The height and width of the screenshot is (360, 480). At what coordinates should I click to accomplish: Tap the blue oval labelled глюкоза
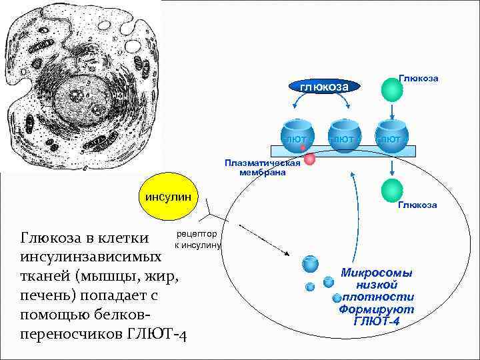[324, 86]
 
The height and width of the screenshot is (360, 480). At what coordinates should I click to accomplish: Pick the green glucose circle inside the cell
[392, 190]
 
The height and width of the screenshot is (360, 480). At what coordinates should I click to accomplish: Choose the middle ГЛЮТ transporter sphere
[343, 135]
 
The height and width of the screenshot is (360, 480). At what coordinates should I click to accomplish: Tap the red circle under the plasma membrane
[309, 159]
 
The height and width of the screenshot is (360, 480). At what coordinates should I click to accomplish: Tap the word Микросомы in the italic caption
[377, 273]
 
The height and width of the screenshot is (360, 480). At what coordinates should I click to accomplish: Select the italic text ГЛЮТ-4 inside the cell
[377, 321]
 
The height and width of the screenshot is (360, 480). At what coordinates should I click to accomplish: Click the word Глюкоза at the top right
[418, 78]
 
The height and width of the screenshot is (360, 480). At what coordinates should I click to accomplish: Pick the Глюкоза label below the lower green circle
[417, 205]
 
